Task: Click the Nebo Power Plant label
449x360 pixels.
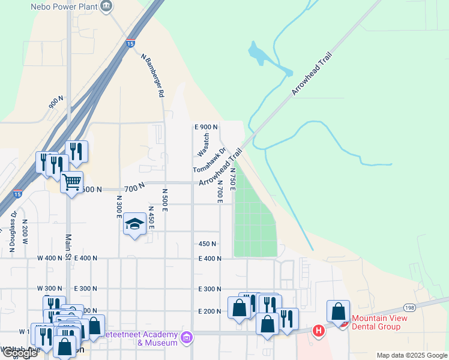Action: [x=63, y=7]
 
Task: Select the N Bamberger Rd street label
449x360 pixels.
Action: [x=152, y=76]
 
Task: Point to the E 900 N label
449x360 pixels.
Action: [x=206, y=127]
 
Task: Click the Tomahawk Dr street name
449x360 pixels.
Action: [x=209, y=161]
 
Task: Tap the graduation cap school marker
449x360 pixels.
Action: [x=134, y=224]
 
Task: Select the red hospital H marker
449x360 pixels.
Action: [x=319, y=330]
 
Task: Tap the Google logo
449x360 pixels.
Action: [x=20, y=353]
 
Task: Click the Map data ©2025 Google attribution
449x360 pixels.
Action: [x=411, y=355]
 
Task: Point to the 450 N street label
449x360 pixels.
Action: [x=207, y=244]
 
